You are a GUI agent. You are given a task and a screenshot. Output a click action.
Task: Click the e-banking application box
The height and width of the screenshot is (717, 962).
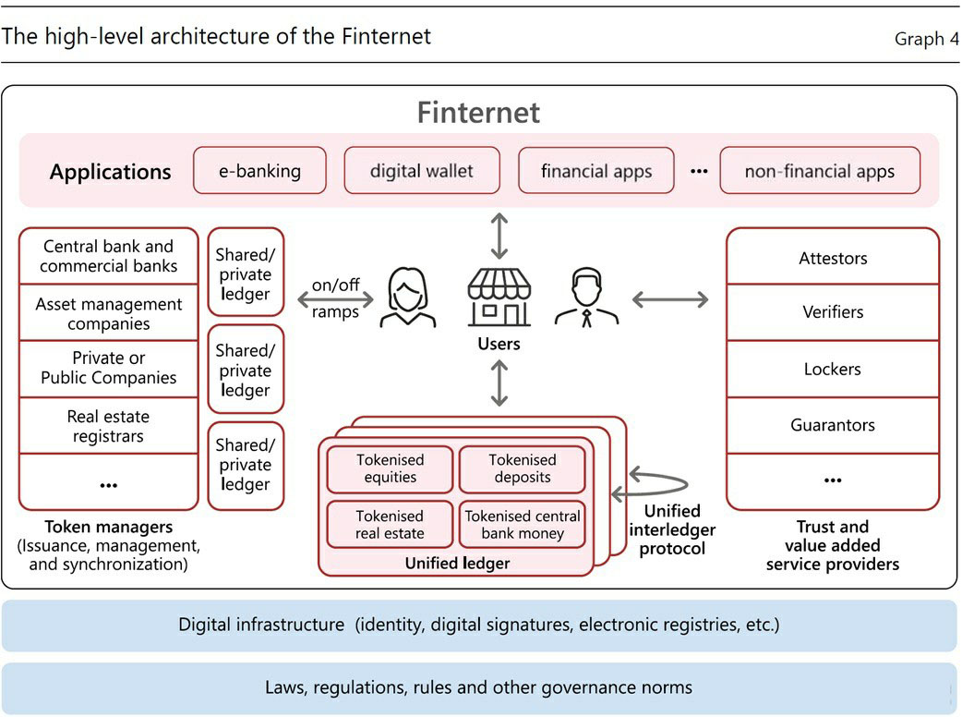(x=259, y=171)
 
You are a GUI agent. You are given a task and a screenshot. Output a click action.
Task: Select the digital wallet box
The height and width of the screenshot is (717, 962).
(x=422, y=171)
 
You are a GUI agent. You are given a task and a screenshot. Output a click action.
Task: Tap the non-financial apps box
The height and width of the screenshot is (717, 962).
(x=820, y=171)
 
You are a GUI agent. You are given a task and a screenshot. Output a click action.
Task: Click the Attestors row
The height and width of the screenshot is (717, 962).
(x=833, y=259)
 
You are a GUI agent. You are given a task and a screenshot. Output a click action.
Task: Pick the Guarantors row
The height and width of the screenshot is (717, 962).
(x=833, y=426)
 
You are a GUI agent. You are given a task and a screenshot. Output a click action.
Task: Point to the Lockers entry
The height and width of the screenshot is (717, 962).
(x=833, y=370)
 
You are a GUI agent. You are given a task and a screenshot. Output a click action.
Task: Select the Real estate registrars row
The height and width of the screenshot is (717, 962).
(x=109, y=427)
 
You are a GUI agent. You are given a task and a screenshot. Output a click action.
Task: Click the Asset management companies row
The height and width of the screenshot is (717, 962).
(x=109, y=314)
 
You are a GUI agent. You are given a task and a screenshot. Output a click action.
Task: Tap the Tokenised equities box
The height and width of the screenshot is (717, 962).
(x=391, y=468)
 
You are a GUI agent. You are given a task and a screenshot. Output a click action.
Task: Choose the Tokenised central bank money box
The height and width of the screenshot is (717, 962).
(x=523, y=525)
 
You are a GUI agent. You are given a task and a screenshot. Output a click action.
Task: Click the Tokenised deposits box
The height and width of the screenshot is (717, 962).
(x=523, y=468)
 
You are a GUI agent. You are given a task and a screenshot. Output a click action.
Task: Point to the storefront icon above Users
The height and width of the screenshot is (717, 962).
(x=499, y=297)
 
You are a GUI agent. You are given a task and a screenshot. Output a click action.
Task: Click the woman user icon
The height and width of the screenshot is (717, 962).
(x=407, y=298)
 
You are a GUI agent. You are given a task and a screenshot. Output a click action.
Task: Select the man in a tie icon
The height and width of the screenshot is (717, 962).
(x=586, y=298)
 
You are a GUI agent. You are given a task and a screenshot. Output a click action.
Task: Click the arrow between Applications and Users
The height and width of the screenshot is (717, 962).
(x=499, y=236)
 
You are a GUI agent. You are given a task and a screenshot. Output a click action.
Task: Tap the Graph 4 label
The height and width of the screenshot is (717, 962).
(x=926, y=39)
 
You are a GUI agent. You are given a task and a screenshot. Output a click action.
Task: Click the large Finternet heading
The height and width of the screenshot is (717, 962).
(x=478, y=113)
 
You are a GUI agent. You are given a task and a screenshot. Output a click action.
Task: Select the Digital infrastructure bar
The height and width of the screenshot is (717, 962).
(x=479, y=626)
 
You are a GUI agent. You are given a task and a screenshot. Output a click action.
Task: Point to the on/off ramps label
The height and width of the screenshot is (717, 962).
(x=334, y=298)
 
